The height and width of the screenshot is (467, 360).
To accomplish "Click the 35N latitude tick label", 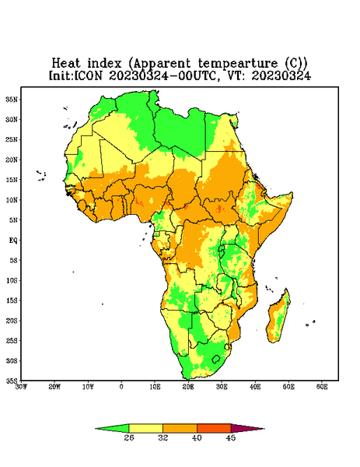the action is point(12,99).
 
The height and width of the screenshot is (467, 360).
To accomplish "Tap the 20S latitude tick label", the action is point(12,321).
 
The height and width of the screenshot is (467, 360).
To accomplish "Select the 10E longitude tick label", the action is point(155,387).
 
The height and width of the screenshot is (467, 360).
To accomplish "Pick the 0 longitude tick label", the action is point(121,387).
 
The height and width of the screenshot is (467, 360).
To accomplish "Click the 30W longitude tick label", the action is point(22,387).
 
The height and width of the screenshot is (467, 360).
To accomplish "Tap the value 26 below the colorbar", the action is point(129,437).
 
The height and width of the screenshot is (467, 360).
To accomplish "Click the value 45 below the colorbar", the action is point(231,437).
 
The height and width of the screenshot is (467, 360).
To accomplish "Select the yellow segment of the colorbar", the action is point(145,428).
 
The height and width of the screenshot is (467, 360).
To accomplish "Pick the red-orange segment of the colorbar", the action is point(214,428).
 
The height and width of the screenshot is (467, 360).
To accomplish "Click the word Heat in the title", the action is point(66,63).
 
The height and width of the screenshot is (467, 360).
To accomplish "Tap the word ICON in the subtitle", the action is point(88,75).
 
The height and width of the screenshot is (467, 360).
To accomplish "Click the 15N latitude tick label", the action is point(12,180).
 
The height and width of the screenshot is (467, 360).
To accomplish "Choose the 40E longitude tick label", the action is point(255,387).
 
